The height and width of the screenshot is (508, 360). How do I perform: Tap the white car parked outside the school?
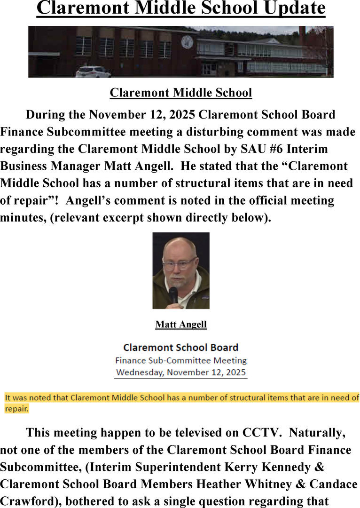coord(93,71)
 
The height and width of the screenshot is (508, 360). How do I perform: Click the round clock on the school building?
coord(187,42)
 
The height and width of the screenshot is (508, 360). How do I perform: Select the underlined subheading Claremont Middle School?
coord(181,93)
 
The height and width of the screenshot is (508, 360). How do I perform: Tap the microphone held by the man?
coord(173,294)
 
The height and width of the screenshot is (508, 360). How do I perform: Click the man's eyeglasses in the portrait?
coord(179,264)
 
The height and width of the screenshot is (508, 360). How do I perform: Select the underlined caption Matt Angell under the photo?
coord(181,325)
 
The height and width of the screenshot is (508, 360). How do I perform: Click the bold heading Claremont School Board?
coord(181,348)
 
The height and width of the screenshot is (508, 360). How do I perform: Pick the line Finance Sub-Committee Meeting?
coord(181,361)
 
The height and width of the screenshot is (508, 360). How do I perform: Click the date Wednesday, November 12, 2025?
coord(181,373)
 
